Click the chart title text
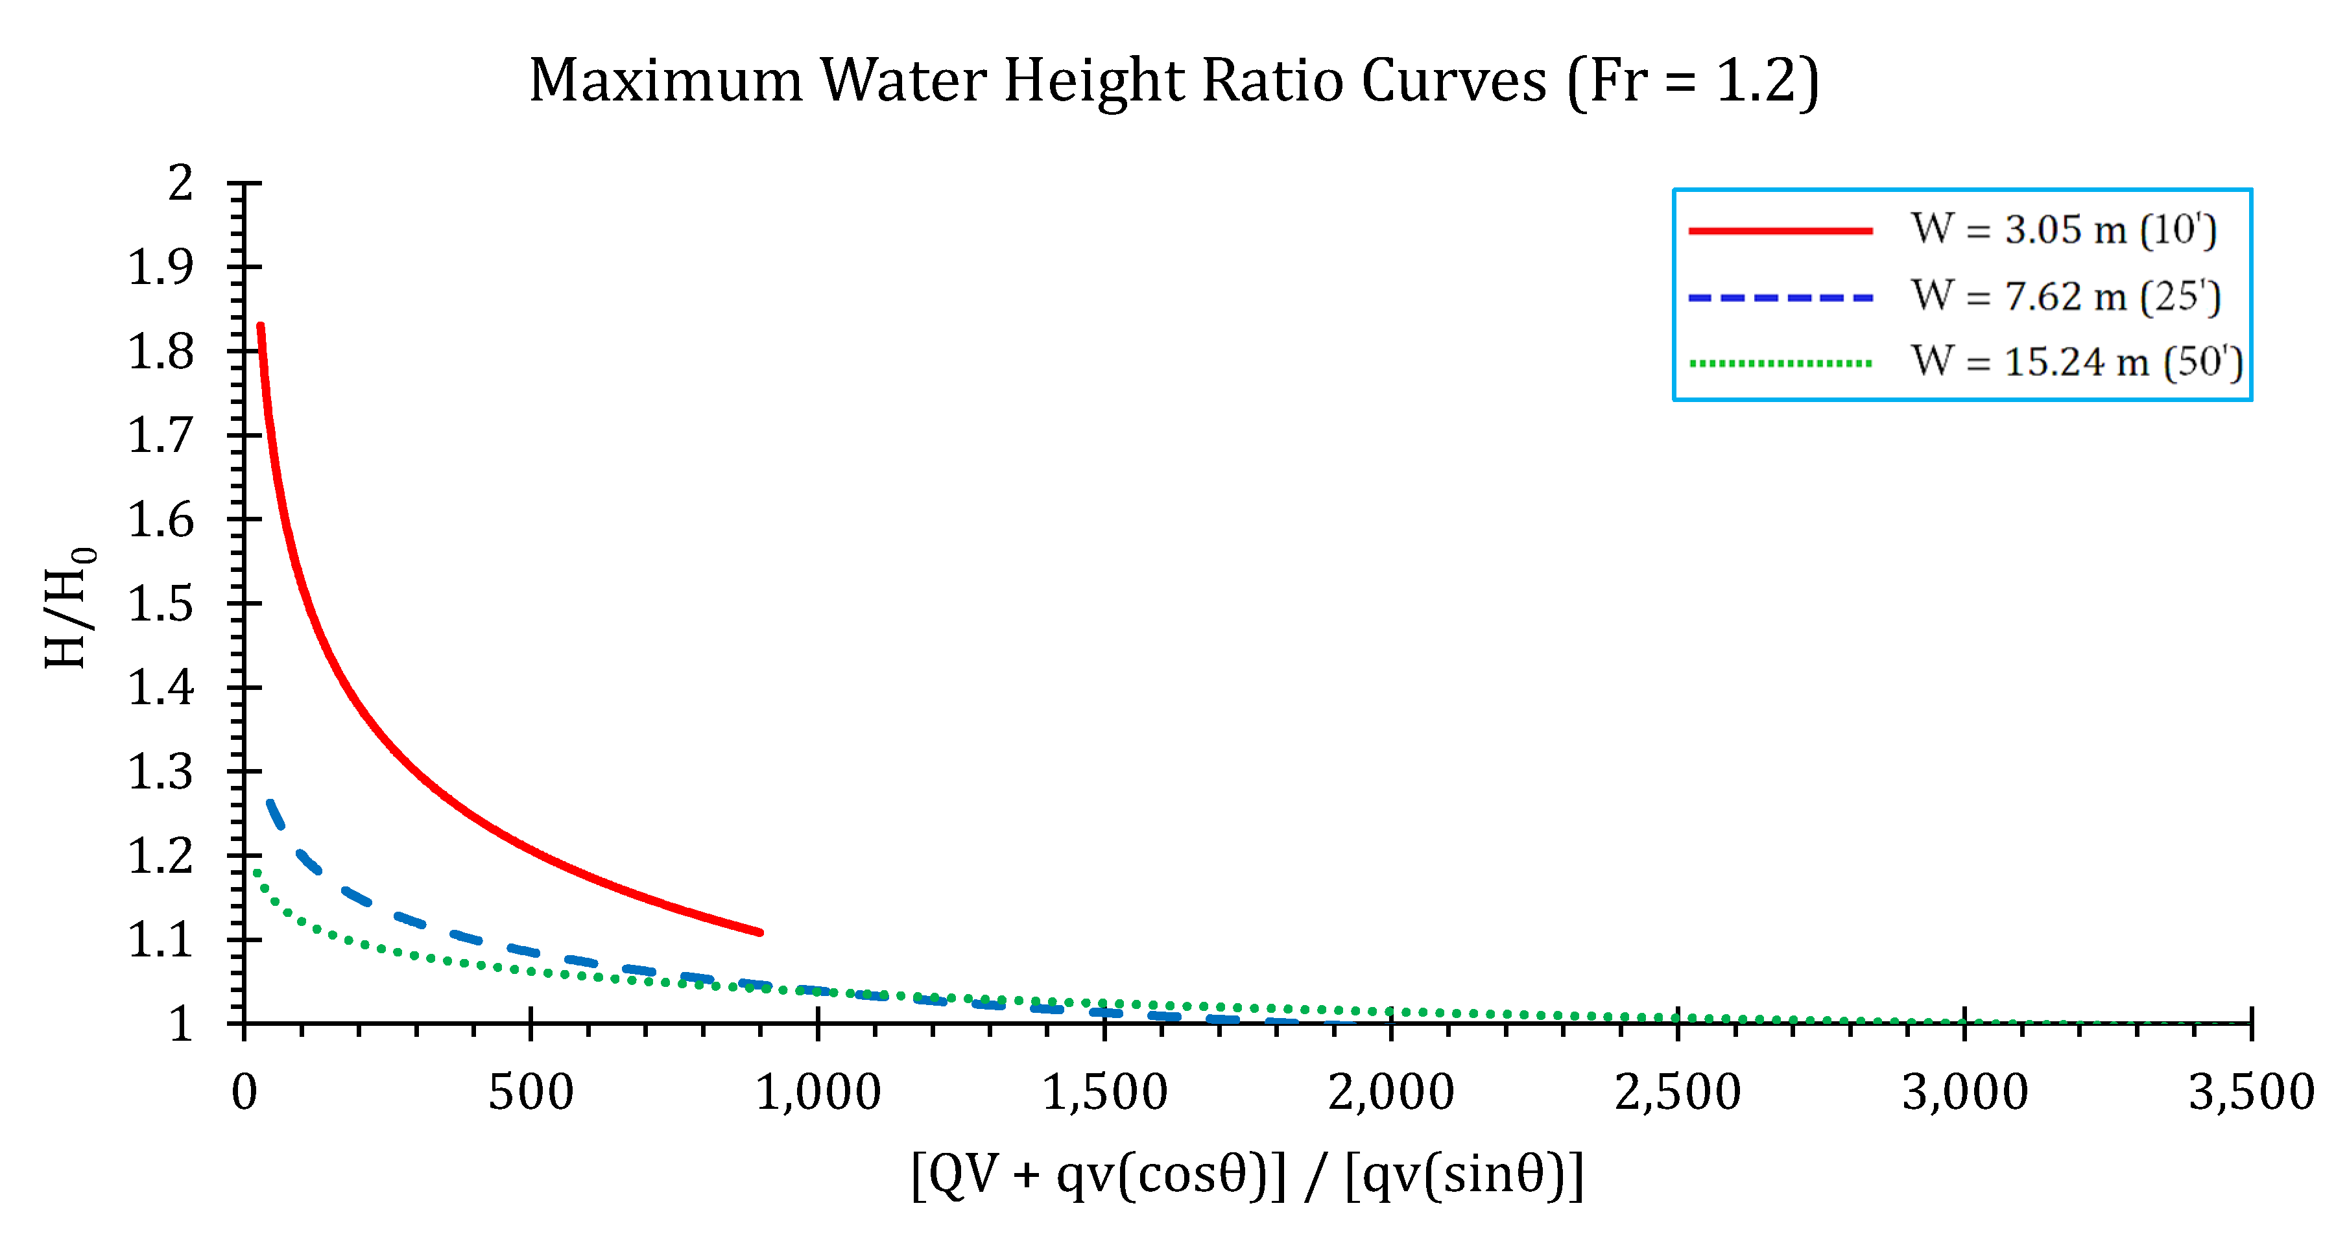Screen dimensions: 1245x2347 click(x=1174, y=82)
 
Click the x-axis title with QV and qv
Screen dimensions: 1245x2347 click(x=1247, y=1175)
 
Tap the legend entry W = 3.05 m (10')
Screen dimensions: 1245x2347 click(x=2064, y=230)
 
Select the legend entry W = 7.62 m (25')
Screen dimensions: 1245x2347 click(x=2066, y=297)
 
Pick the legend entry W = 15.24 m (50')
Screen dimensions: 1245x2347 click(x=2077, y=362)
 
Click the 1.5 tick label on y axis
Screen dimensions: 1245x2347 click(x=160, y=604)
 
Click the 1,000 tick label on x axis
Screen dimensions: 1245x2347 click(x=818, y=1092)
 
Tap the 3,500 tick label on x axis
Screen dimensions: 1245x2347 click(x=2250, y=1092)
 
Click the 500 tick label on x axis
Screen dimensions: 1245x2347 click(x=530, y=1092)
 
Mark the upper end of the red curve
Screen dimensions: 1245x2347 click(x=261, y=327)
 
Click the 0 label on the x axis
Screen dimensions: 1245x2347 click(x=244, y=1092)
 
